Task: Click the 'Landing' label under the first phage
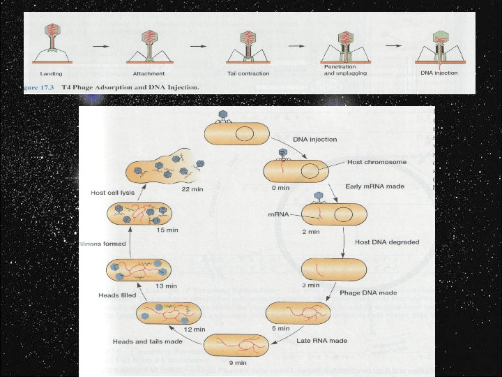click(x=50, y=73)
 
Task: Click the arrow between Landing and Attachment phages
click(x=101, y=47)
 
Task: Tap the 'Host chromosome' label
click(x=376, y=162)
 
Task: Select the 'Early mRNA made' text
click(x=375, y=187)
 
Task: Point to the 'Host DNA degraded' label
click(x=387, y=242)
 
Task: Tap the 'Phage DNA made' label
click(x=368, y=293)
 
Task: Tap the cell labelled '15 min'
click(x=139, y=214)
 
